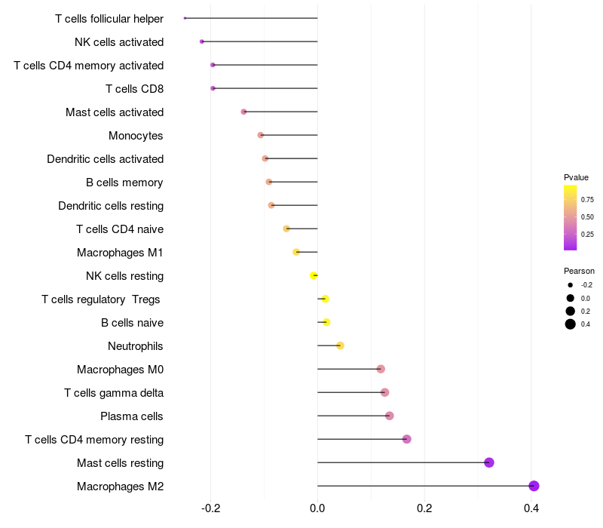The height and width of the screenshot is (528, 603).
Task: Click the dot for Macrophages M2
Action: [534, 487]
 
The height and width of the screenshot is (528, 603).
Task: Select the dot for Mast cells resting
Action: [489, 463]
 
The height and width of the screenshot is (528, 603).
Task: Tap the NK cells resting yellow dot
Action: [314, 276]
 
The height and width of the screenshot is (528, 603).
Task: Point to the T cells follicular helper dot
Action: [185, 18]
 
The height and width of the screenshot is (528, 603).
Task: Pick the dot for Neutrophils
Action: [340, 346]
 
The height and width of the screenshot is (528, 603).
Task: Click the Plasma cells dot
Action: [389, 416]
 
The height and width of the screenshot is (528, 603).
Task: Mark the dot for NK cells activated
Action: [201, 41]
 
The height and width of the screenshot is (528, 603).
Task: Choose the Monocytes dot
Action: [261, 136]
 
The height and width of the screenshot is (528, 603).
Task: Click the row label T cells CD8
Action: [134, 89]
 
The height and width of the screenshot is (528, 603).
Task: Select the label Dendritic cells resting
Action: [111, 206]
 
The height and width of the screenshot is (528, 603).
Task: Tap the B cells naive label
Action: [132, 323]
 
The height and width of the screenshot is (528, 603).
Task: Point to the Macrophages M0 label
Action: [120, 370]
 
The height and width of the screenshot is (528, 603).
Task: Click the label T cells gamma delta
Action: [114, 393]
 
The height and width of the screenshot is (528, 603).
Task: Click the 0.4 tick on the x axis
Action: [531, 509]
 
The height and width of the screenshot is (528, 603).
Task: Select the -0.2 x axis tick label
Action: [210, 509]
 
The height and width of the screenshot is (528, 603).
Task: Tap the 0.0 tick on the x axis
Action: [317, 509]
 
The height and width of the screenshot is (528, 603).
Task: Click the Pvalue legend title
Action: [576, 177]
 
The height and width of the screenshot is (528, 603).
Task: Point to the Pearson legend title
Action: [579, 271]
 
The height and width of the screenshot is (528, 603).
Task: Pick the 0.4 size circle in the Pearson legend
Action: [571, 324]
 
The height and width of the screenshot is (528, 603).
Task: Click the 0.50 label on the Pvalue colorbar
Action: [586, 217]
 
